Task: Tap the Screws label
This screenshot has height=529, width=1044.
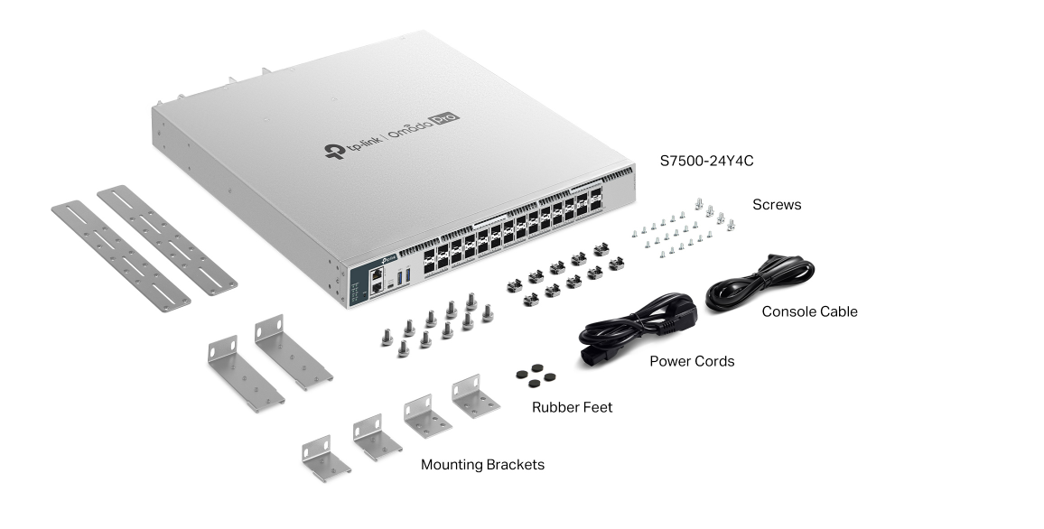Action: [x=777, y=205]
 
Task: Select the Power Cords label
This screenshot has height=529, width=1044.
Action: [x=692, y=361]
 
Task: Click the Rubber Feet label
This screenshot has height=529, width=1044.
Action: [x=572, y=407]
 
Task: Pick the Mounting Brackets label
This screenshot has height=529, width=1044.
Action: [x=482, y=465]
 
